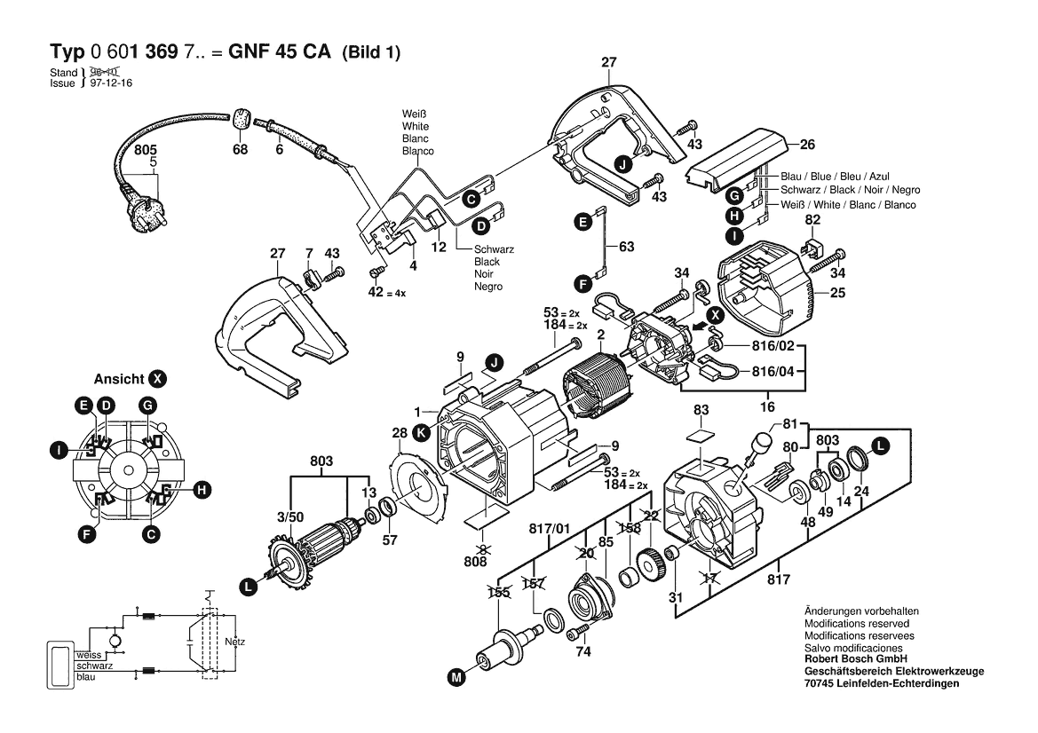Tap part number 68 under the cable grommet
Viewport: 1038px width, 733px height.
point(240,150)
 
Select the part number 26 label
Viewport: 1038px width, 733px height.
point(807,145)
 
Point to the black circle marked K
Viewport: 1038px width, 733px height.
point(422,433)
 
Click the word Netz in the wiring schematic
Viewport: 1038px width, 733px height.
point(234,641)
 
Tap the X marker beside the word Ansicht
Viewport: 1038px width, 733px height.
point(158,379)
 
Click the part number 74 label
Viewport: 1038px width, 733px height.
point(582,651)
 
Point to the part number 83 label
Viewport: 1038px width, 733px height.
point(701,410)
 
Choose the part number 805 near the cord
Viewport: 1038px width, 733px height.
point(146,152)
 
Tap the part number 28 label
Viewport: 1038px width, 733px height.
point(400,433)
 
